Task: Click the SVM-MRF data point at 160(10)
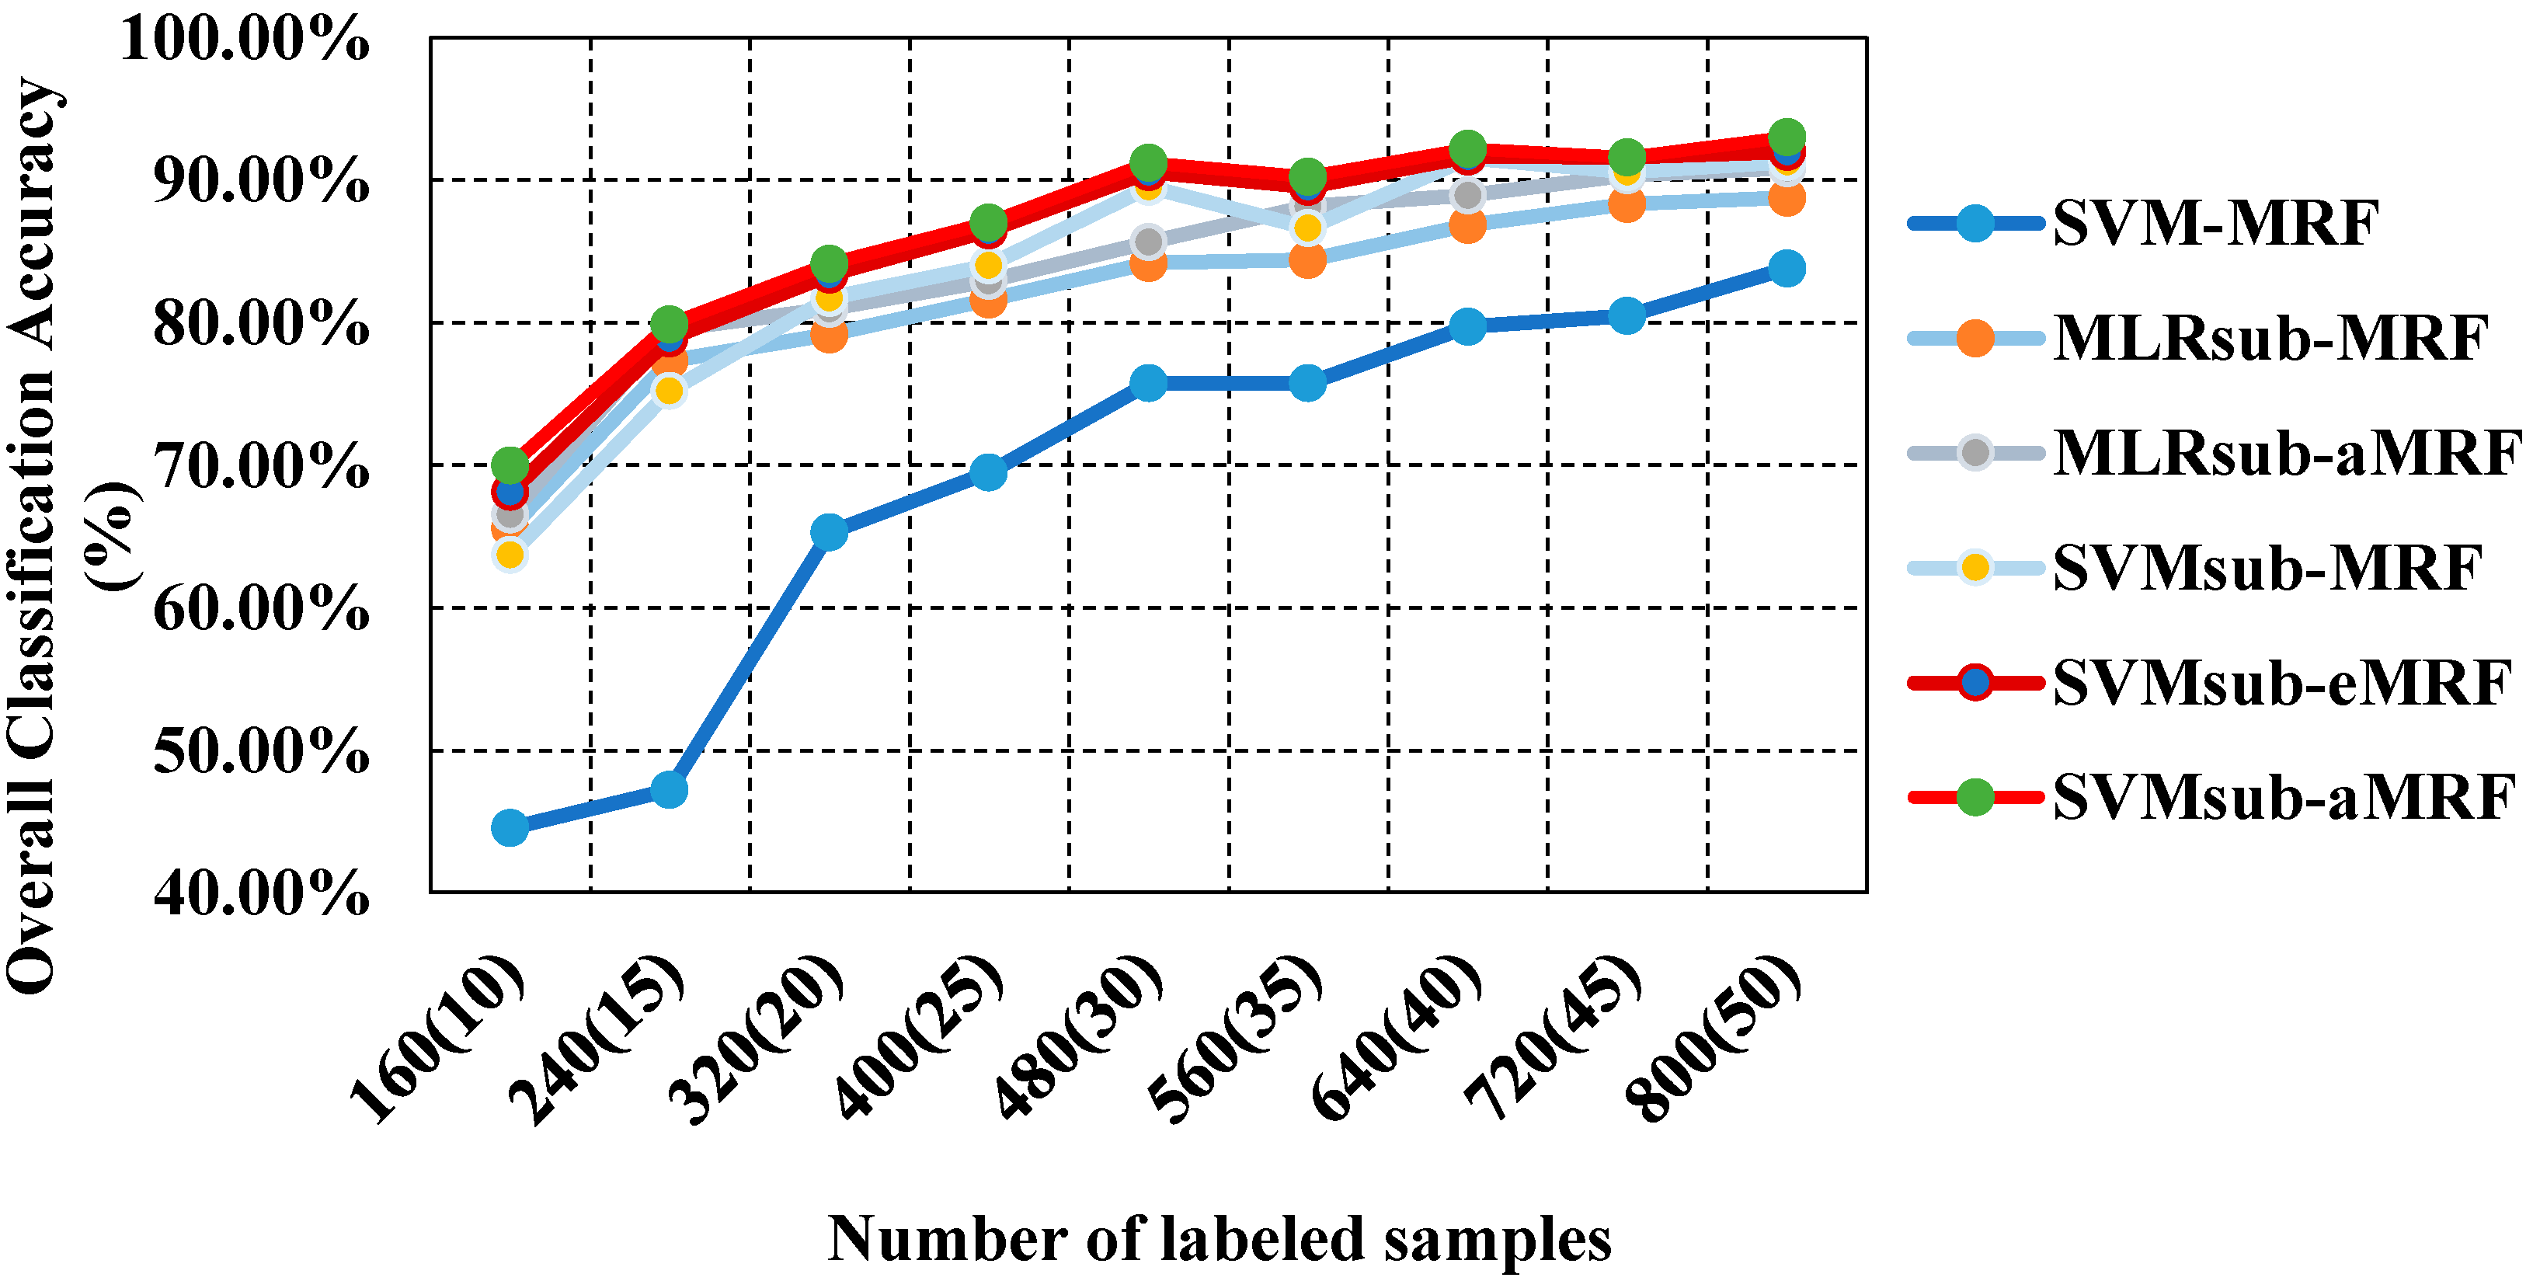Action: tap(510, 828)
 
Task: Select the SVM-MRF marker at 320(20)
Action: tap(829, 533)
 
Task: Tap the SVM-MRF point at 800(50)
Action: tap(1787, 269)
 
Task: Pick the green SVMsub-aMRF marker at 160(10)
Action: tap(510, 464)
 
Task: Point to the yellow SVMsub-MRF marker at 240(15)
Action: tap(669, 390)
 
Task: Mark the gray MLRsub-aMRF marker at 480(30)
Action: tap(1147, 241)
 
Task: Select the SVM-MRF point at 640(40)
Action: tap(1467, 326)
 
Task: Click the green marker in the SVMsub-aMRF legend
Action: tap(1975, 796)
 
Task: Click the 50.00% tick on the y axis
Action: tap(260, 752)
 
